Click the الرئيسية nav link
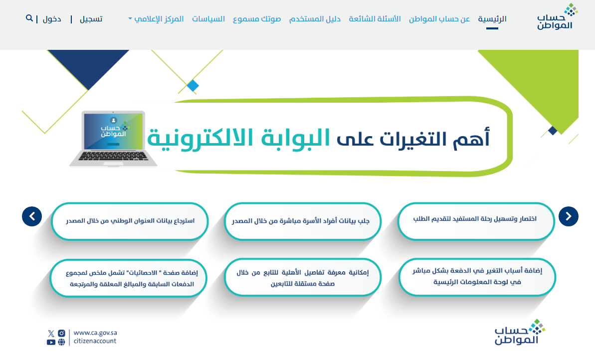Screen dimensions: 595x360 pos(492,19)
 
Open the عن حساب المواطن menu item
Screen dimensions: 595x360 pos(439,19)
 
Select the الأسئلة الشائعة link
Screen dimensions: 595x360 pos(375,19)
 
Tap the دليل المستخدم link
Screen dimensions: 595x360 pos(315,19)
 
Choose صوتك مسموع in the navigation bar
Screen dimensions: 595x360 pos(257,19)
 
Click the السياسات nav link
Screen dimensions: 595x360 pos(208,19)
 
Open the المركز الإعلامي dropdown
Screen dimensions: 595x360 pos(156,19)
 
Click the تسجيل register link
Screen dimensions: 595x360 pos(91,19)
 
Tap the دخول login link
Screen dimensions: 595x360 pos(52,19)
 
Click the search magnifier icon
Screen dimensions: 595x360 pos(29,18)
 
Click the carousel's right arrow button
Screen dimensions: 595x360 pos(568,216)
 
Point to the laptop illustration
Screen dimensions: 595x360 pos(113,139)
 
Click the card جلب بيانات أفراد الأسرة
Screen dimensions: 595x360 pos(302,221)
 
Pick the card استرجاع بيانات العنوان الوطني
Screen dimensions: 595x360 pos(130,221)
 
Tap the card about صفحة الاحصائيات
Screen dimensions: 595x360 pos(129,278)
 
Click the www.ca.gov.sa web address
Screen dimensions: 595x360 pos(95,333)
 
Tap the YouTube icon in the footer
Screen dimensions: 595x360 pos(51,342)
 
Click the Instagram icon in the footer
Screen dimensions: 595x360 pos(61,334)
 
